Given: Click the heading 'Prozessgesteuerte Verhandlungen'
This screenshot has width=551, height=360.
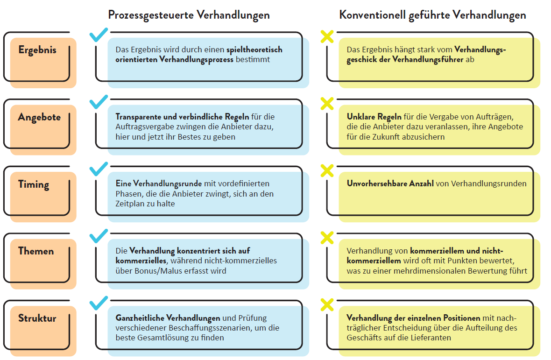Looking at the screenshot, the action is coord(189,15).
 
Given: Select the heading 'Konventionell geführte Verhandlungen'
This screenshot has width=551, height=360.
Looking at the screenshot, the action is coord(432,15).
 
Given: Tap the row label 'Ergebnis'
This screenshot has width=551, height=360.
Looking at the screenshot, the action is coord(37,50).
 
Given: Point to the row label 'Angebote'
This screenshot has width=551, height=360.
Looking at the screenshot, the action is coord(39,117).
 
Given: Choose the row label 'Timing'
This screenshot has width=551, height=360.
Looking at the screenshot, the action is coord(34,184).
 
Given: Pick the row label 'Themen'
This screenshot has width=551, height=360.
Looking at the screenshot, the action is coord(36,251).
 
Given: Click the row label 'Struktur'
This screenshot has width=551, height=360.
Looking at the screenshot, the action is coord(37,318).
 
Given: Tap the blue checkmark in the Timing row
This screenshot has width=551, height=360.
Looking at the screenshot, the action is coord(98,169).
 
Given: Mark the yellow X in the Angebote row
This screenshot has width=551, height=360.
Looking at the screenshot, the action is coord(327,103).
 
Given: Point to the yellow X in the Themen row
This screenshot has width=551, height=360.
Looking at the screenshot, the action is coord(327,238).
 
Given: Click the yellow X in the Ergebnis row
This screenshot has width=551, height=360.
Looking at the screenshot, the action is coord(327,36).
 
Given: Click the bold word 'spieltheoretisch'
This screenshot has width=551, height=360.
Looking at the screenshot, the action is coord(254,49).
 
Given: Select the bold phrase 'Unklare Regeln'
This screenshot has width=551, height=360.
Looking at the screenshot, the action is coord(374,117).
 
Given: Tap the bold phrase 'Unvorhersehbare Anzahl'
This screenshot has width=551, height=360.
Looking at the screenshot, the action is coord(390,184).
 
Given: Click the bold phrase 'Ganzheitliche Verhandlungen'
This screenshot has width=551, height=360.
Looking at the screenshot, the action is coord(168,318).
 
